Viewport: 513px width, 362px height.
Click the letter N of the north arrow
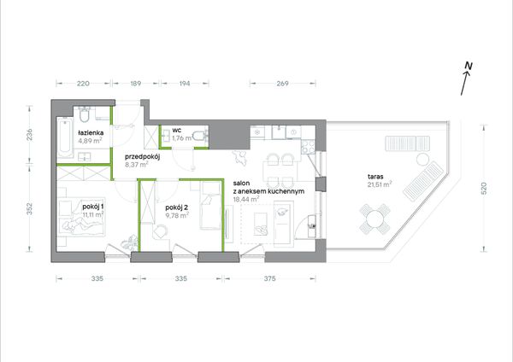469,66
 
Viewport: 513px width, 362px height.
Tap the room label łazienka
91,132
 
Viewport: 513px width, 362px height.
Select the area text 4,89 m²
90,141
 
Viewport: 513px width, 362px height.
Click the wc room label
177,131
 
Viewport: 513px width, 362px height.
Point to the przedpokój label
142,157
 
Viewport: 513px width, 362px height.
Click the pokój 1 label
93,207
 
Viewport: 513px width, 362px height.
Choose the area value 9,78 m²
177,215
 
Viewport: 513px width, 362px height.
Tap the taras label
375,177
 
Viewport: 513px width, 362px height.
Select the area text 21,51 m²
380,184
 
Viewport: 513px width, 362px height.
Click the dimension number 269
282,84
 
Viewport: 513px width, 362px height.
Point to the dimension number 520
484,189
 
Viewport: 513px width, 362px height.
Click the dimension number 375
269,278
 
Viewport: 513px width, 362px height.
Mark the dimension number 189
136,84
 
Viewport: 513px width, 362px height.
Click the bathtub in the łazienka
65,137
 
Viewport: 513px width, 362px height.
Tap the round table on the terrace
375,219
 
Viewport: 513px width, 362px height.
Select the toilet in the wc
200,136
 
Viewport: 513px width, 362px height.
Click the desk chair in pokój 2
161,231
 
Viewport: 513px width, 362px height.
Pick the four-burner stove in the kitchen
308,147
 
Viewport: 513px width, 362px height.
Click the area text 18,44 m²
246,199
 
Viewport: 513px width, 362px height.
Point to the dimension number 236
30,135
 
